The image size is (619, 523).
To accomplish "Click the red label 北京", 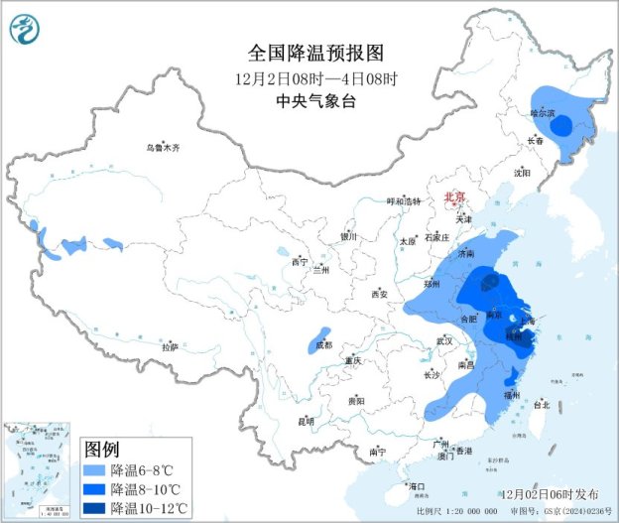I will [455, 197].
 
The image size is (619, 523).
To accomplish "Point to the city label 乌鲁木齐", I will [164, 148].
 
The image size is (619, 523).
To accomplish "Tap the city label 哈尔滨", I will [543, 113].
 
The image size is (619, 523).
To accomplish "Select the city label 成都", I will [323, 344].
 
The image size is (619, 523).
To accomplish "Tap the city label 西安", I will [379, 295].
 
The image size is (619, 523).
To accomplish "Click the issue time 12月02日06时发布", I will [550, 493].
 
